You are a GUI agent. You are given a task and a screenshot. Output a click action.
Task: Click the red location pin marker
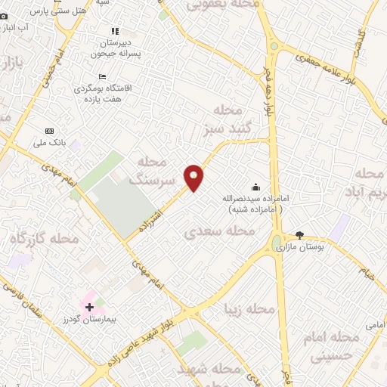point(194,177)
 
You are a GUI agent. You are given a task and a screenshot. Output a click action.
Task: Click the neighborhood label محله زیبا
point(249,309)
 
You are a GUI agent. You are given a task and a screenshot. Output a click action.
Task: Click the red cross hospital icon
point(90,307)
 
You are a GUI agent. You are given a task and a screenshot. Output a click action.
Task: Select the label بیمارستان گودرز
point(90,320)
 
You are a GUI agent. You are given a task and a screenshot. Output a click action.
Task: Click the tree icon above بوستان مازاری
point(299,235)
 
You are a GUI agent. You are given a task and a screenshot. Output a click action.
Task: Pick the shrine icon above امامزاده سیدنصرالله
point(255,187)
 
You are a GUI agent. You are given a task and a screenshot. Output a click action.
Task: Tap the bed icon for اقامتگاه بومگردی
point(103,76)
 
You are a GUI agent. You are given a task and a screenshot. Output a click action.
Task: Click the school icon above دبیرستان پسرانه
point(115,31)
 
